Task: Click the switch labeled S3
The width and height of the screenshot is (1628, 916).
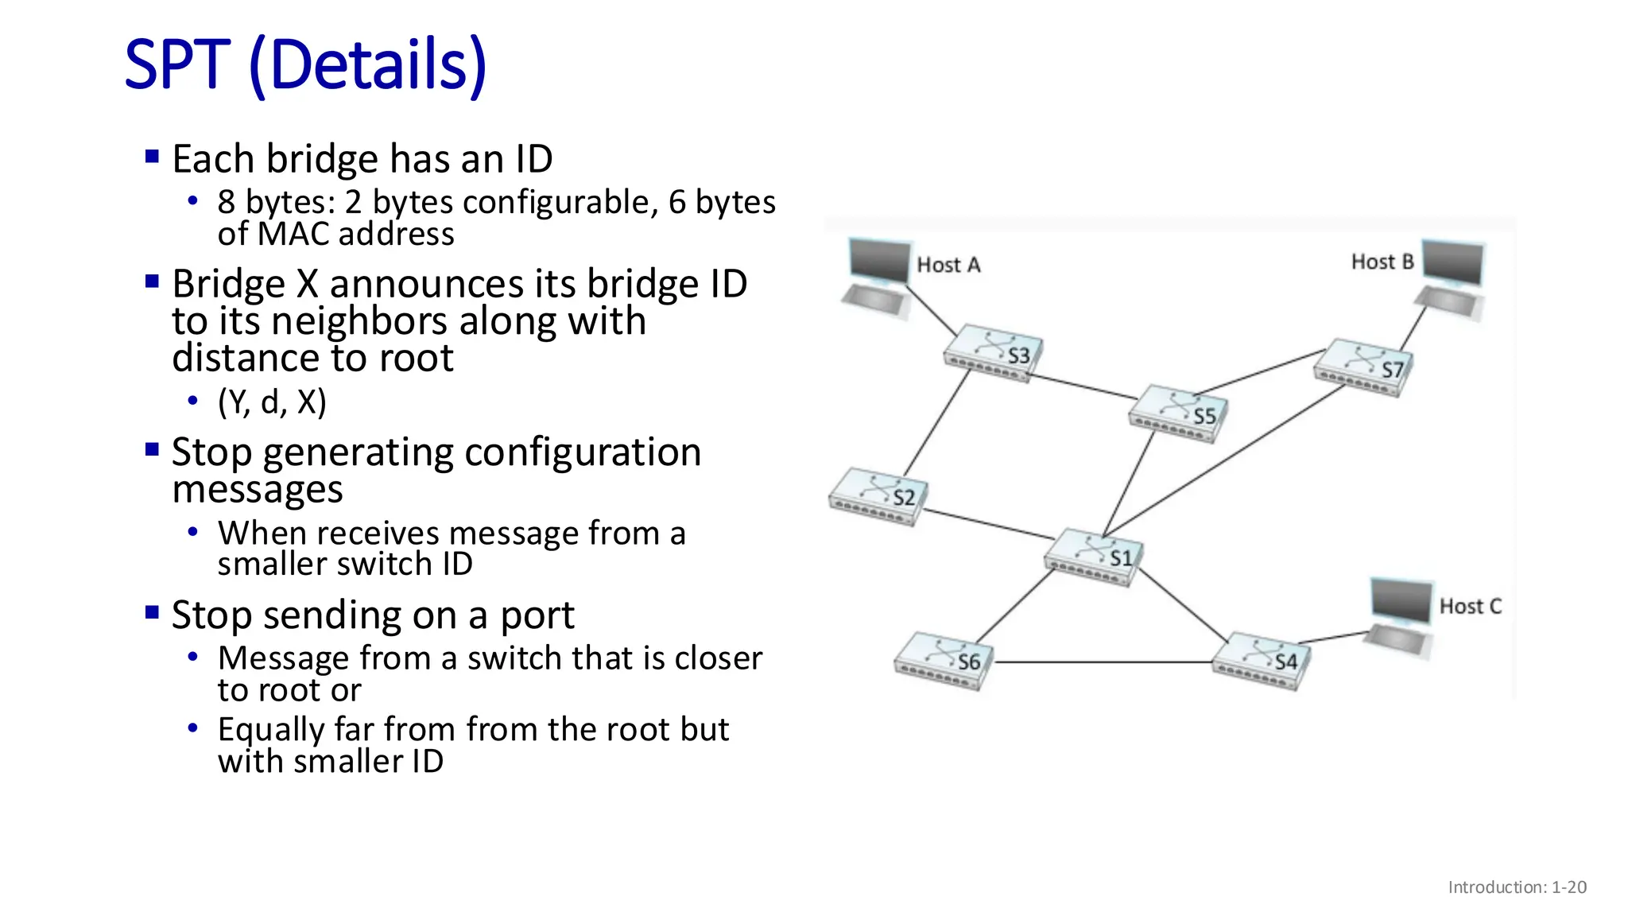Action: tap(992, 354)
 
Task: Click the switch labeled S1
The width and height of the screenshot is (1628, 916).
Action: tap(1094, 557)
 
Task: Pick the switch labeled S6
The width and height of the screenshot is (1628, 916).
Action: tap(943, 661)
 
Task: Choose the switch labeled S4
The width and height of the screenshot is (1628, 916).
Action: tap(1262, 661)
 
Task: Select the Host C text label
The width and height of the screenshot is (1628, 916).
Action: tap(1470, 607)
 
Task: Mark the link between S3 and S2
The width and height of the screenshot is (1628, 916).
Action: tap(938, 422)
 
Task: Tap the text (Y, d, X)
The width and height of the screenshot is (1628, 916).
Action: tap(272, 402)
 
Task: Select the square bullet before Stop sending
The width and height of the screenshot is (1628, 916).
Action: tap(153, 613)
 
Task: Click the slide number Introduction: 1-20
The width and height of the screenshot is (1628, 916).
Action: tap(1517, 887)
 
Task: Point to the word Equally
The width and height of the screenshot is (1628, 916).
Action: tap(271, 729)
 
